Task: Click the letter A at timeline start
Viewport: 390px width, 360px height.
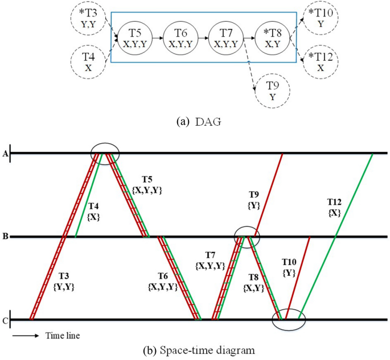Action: tap(6, 153)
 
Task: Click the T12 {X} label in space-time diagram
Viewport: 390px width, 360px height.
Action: tap(335, 207)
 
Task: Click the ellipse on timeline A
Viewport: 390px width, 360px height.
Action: tap(106, 154)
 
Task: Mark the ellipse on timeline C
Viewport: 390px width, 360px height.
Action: tap(289, 320)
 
